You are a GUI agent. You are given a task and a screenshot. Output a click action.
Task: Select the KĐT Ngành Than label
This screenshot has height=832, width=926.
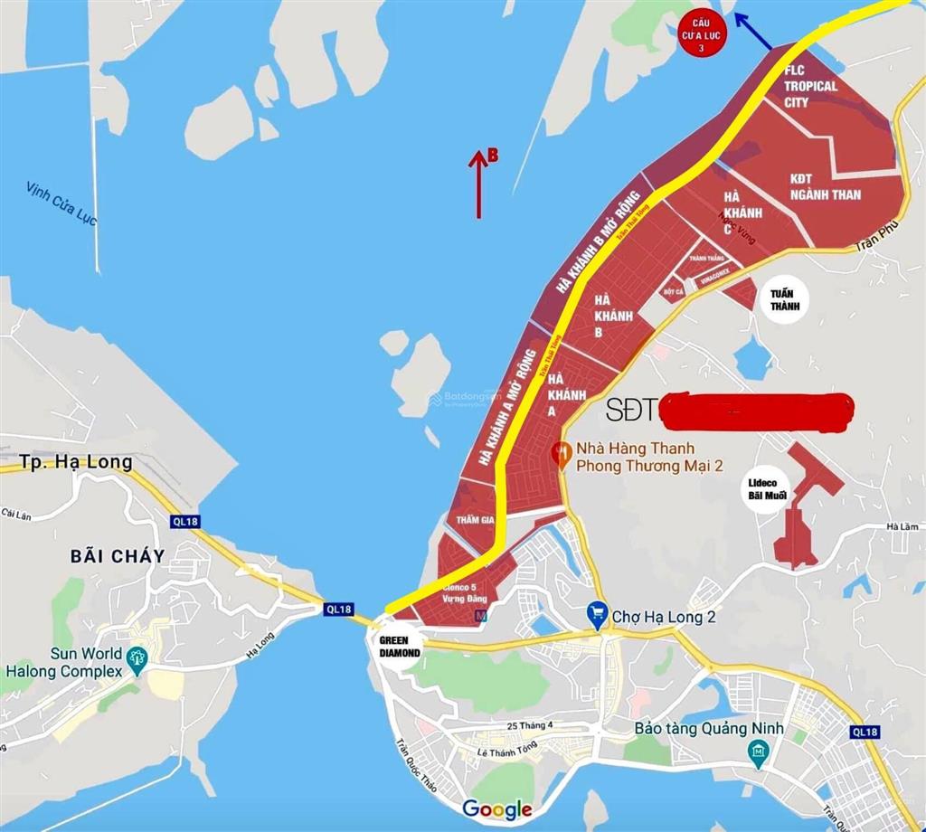pyautogui.click(x=825, y=187)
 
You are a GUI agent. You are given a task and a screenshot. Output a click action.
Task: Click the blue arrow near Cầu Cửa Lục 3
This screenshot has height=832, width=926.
pyautogui.click(x=751, y=32)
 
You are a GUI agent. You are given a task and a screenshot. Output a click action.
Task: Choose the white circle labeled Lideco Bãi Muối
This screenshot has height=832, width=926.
pyautogui.click(x=767, y=489)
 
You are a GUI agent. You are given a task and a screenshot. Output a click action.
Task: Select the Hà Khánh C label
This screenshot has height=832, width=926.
pyautogui.click(x=743, y=213)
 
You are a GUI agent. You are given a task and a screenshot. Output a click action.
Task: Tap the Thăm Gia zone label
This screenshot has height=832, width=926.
pyautogui.click(x=475, y=520)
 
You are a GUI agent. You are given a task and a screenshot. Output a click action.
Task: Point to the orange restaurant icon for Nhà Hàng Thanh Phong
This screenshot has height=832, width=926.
pyautogui.click(x=561, y=450)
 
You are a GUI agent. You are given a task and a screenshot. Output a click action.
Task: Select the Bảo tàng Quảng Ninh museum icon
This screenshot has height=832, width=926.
pyautogui.click(x=758, y=752)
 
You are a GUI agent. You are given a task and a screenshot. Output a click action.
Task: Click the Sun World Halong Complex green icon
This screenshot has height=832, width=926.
pyautogui.click(x=137, y=658)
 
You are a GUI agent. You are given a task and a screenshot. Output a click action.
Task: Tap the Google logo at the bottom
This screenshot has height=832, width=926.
pyautogui.click(x=496, y=808)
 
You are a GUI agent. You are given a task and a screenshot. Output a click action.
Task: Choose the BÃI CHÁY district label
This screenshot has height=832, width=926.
pyautogui.click(x=118, y=556)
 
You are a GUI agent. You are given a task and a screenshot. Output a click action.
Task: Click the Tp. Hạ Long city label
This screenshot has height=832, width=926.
pyautogui.click(x=76, y=462)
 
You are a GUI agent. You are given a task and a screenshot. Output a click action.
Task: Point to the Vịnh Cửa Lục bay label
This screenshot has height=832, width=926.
pyautogui.click(x=61, y=203)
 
